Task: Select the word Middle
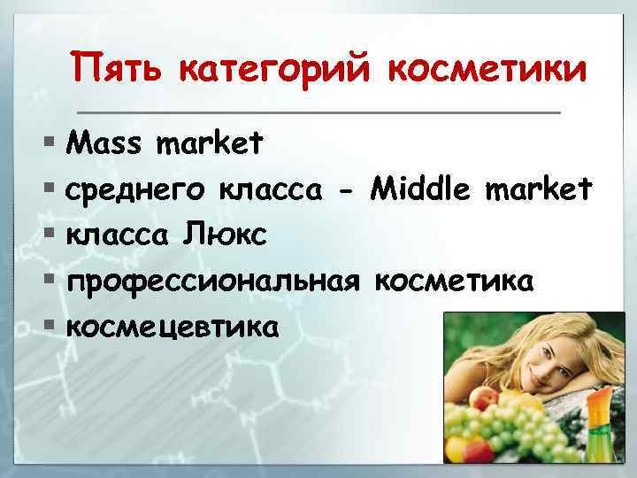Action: click(x=422, y=187)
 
